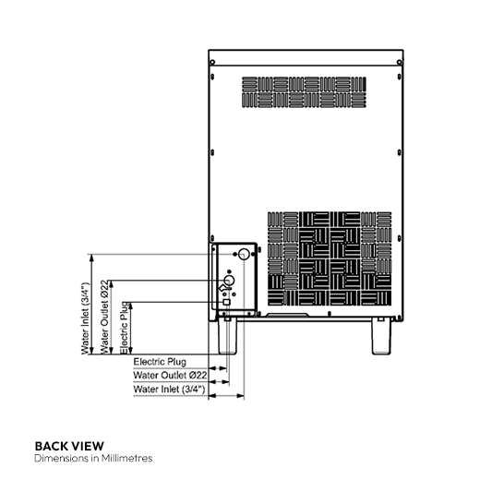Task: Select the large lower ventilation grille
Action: [329, 261]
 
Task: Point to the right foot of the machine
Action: [384, 337]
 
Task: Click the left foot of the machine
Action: [228, 337]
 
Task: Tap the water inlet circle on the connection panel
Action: [244, 254]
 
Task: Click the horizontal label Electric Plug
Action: [161, 362]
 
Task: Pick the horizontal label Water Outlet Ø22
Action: [169, 376]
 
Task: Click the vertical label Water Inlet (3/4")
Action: [85, 318]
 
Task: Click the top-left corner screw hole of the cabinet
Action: [213, 64]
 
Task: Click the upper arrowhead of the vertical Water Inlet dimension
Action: [91, 258]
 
